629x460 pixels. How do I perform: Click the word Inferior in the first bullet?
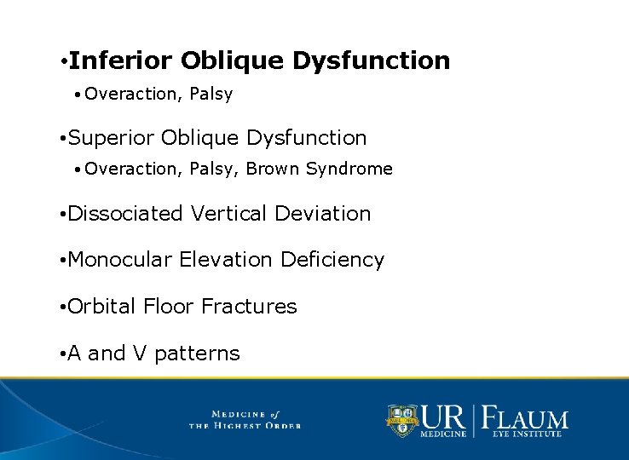point(121,60)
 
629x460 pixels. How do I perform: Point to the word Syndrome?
point(349,169)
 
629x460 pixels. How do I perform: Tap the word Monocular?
point(120,260)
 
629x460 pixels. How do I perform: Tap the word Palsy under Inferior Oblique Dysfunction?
point(211,95)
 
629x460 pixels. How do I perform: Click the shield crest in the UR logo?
point(402,419)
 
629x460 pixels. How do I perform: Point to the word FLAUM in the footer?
point(526,418)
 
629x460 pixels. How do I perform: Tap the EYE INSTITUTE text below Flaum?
point(527,434)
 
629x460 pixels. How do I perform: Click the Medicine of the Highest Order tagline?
point(245,419)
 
